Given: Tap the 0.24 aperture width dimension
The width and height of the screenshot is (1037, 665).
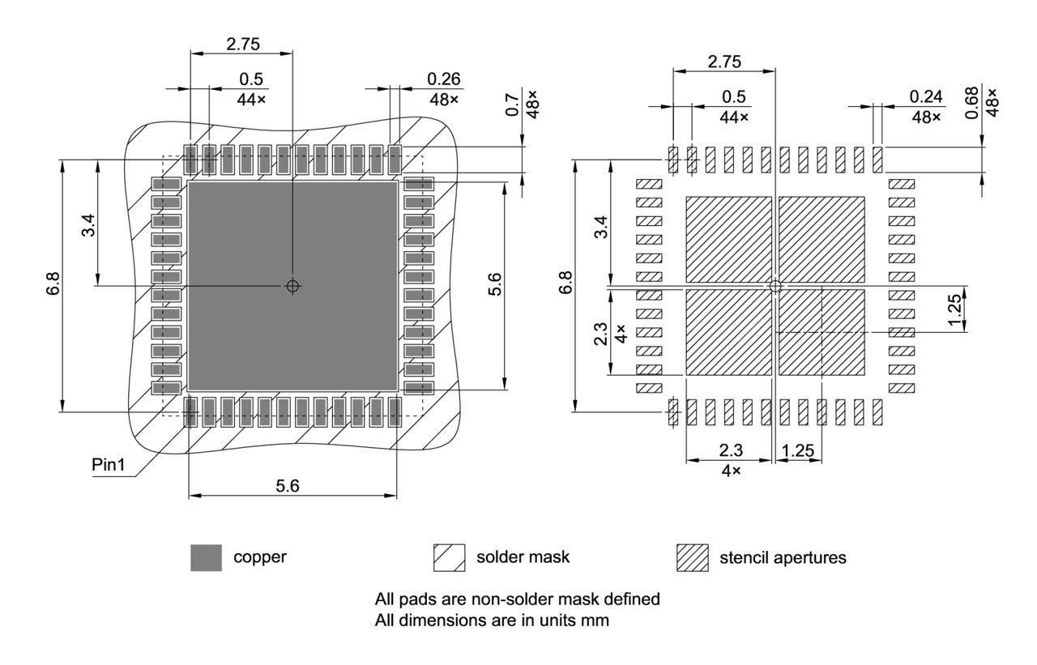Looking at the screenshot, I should click(926, 96).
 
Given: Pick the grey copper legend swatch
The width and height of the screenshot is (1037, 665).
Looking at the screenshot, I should click(206, 557).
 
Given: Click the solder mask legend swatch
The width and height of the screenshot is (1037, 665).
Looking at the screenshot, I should click(450, 557).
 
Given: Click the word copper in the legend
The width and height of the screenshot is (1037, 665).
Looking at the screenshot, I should click(260, 557).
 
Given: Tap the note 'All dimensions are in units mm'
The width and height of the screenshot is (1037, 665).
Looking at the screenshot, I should click(491, 620).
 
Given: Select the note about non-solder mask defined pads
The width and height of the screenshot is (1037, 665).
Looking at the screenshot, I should click(518, 600).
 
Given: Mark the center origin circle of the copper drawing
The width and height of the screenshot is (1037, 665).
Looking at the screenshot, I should click(292, 286).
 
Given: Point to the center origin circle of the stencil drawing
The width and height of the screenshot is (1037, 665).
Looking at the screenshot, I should click(775, 286).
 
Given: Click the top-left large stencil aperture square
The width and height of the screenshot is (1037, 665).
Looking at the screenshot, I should click(729, 239).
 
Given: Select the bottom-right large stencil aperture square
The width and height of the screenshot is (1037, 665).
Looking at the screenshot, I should click(821, 332).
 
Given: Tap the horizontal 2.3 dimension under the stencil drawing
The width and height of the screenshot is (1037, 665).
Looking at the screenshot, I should click(731, 450).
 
